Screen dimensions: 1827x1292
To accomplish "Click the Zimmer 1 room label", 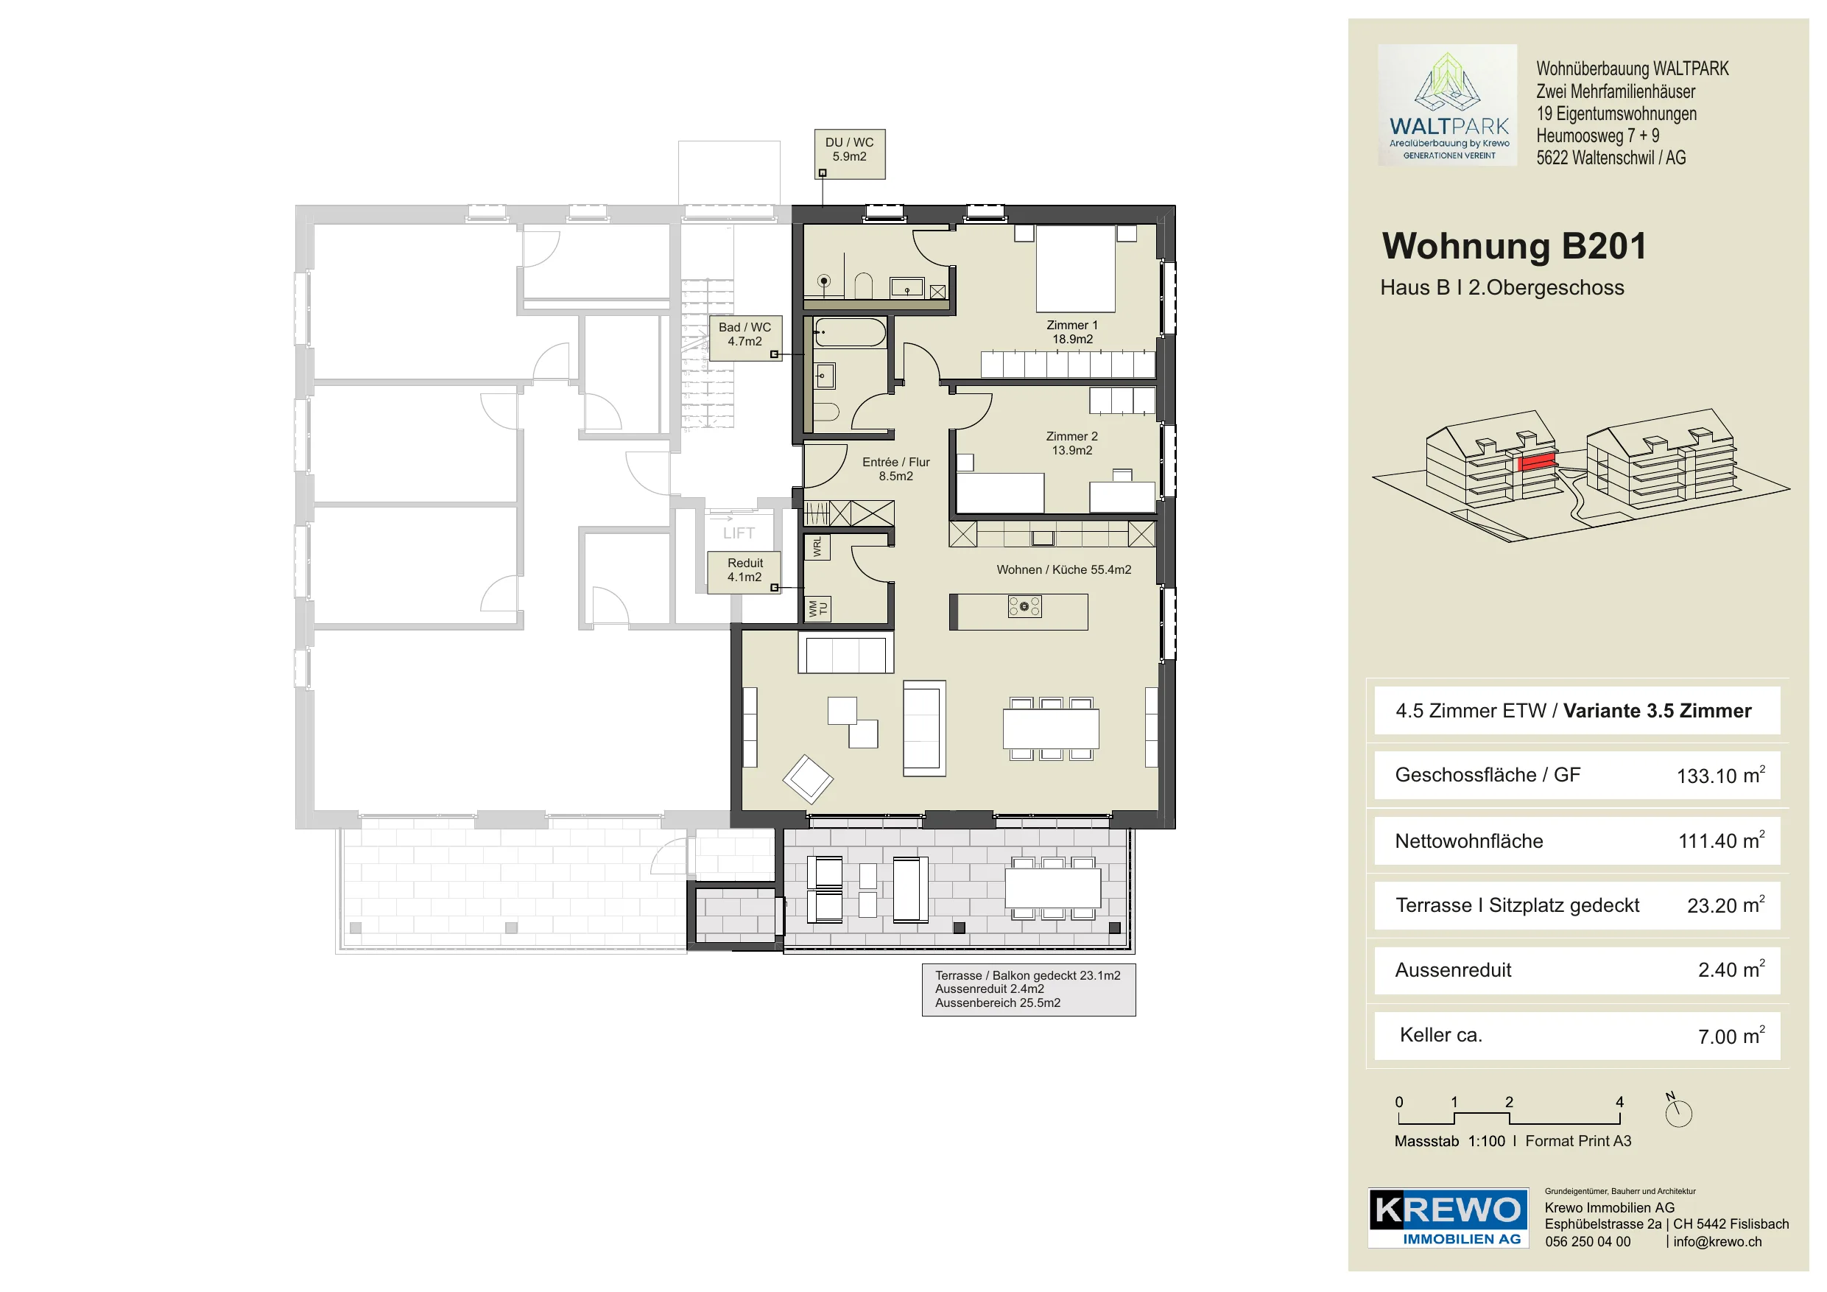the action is (1072, 332).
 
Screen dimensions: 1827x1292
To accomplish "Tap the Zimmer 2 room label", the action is (1072, 443).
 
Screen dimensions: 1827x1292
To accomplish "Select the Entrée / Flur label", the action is (896, 469).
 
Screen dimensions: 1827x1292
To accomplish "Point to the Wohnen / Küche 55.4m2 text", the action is (1064, 570).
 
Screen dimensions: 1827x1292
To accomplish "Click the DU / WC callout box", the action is (850, 154).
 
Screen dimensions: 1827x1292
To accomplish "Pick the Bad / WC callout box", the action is (745, 338).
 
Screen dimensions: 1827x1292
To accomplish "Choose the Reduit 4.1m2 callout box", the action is (744, 572).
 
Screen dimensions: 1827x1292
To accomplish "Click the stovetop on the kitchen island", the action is (1025, 607).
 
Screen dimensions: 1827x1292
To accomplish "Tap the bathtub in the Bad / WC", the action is (850, 333).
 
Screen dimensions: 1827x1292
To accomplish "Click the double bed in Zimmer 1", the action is (1075, 268).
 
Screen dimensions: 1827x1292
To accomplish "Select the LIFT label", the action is (739, 533).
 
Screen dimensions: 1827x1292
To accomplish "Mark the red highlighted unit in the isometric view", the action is (1538, 462).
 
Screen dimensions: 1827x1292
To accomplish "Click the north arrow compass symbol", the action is (1678, 1111).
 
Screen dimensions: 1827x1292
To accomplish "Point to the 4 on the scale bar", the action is (1619, 1103).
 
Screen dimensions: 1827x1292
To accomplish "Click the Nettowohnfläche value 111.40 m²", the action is (1721, 840).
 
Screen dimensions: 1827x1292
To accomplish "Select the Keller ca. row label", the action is (1440, 1035).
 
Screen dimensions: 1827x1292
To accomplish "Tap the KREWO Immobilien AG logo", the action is (1448, 1218).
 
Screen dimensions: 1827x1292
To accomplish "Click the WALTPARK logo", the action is (1448, 105).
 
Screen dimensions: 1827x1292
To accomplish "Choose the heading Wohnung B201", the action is (1514, 246).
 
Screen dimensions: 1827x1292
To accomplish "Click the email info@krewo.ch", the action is (1717, 1242).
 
